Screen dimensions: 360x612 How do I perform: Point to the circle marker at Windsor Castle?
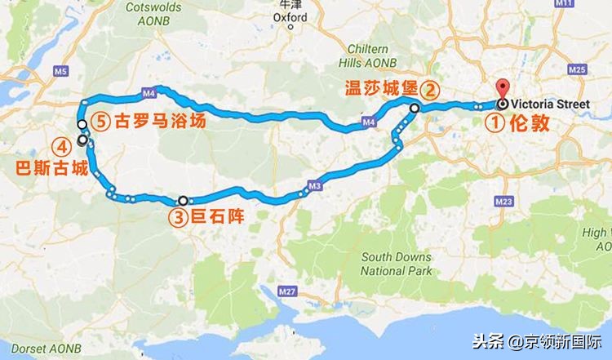415,108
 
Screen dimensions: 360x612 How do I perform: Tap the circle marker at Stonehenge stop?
183,200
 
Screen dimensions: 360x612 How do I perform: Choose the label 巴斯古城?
49,172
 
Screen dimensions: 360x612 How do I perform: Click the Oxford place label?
290,16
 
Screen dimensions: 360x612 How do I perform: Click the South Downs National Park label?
397,264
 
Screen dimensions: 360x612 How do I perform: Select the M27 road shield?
286,291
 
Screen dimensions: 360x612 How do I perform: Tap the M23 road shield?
503,201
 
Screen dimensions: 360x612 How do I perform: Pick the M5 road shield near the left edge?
60,72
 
